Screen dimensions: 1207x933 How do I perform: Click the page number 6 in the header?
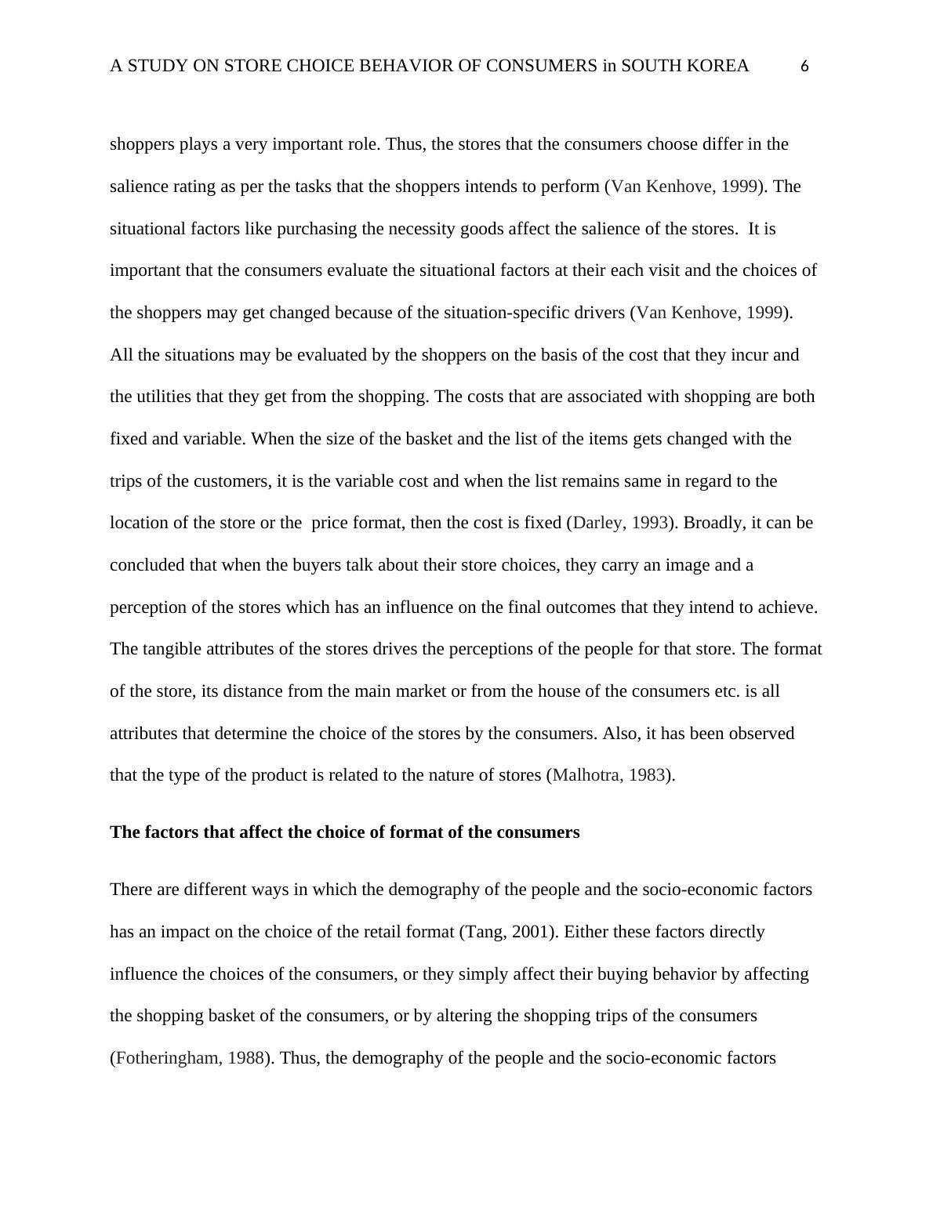[x=804, y=67]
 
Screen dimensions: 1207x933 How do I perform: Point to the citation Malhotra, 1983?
[x=609, y=775]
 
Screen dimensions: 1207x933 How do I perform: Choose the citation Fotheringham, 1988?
[x=190, y=1058]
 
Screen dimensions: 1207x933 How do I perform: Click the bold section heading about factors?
[x=344, y=832]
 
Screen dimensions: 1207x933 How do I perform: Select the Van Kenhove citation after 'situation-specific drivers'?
[x=710, y=313]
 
